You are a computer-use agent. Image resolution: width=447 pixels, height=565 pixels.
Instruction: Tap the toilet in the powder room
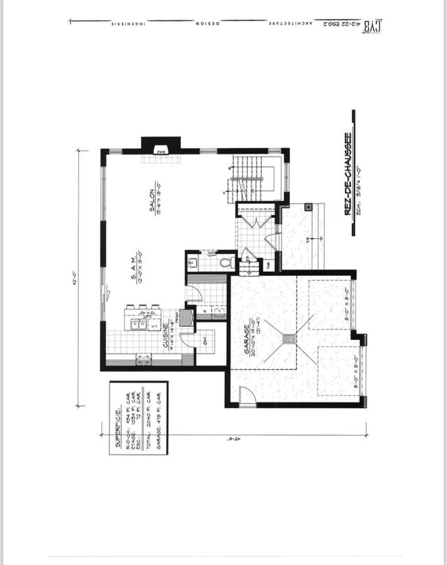click(x=226, y=263)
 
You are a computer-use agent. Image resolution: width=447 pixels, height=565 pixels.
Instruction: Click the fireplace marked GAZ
click(x=161, y=145)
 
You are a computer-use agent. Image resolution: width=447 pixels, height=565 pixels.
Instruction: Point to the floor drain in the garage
click(x=287, y=339)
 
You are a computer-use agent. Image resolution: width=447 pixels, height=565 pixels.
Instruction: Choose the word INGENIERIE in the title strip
click(x=127, y=24)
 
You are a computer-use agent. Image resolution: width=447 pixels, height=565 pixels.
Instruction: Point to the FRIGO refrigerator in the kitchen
click(x=187, y=316)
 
